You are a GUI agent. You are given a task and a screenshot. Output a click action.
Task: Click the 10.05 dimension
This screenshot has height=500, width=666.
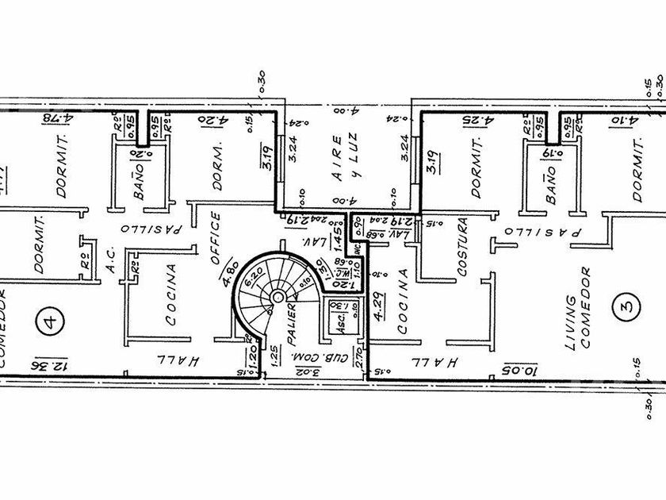click(x=520, y=367)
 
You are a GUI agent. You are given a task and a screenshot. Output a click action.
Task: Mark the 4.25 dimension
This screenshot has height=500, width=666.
click(x=478, y=121)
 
